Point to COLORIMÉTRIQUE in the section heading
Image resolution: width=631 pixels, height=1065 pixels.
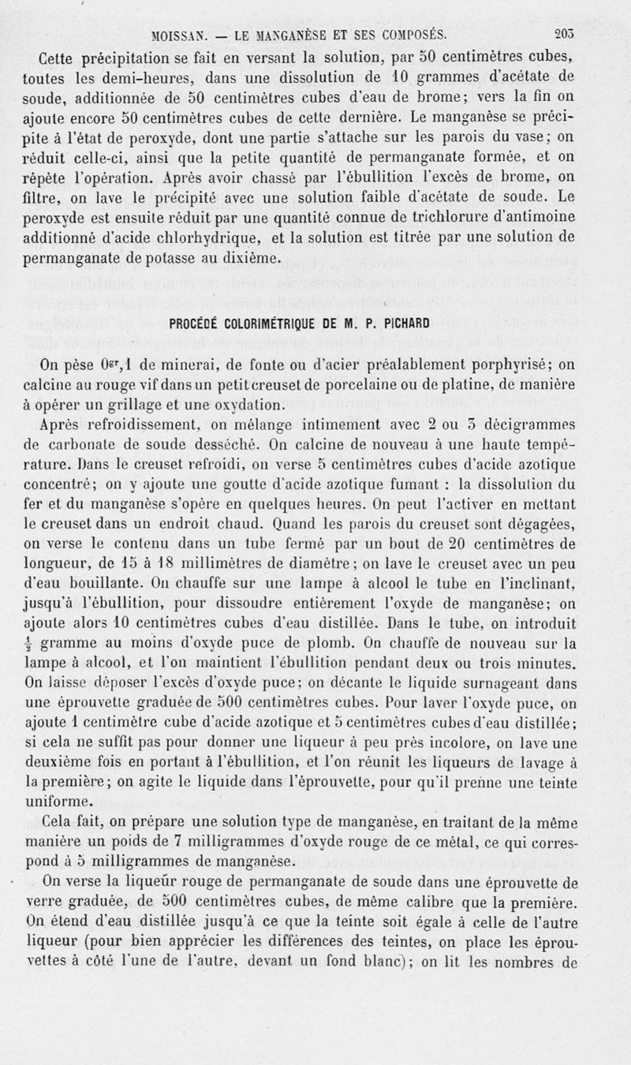coord(279,323)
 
